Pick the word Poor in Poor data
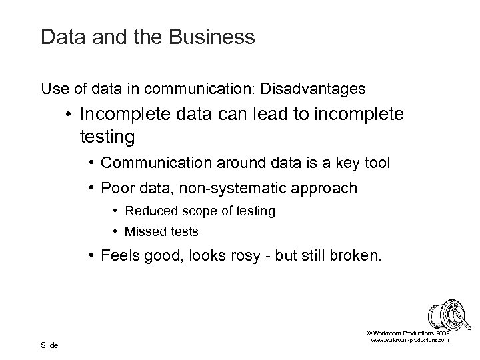tap(115, 188)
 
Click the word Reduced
tap(147, 211)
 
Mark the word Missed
tap(142, 232)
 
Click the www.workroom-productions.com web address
tap(409, 340)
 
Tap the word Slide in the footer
tap(49, 345)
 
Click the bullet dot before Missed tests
tap(115, 232)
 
